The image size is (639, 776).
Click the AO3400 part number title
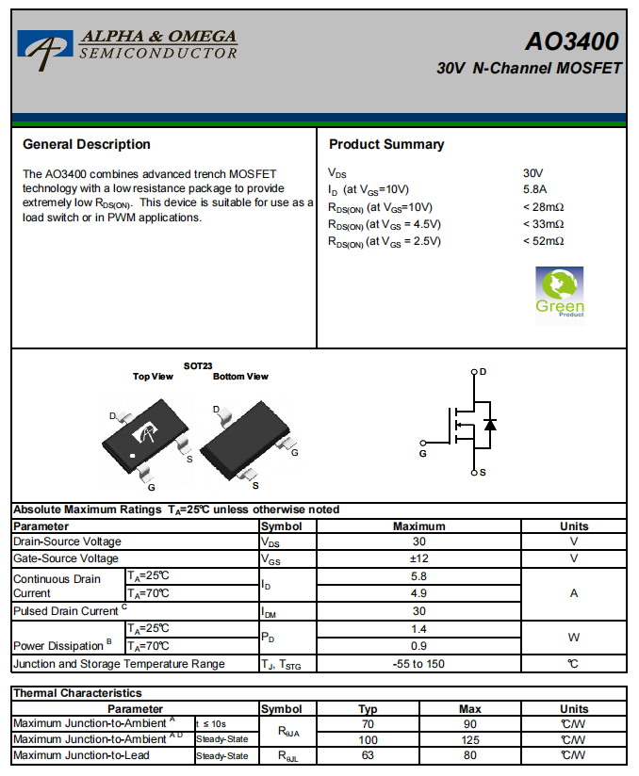click(x=572, y=41)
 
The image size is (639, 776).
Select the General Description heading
click(x=87, y=144)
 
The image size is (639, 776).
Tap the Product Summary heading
click(x=386, y=144)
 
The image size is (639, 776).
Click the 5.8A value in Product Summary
click(x=534, y=189)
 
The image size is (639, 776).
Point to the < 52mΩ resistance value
click(x=543, y=241)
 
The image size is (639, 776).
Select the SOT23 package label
click(x=198, y=365)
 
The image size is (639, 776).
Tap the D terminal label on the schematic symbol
click(x=483, y=372)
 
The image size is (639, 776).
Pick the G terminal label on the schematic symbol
click(x=423, y=454)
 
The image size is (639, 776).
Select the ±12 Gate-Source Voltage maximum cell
click(x=419, y=558)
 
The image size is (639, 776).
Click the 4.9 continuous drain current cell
click(x=419, y=593)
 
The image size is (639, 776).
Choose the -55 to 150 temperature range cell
click(x=419, y=664)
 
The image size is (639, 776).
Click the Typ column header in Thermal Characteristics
click(x=368, y=708)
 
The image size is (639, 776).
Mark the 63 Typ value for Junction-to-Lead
click(x=368, y=755)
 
